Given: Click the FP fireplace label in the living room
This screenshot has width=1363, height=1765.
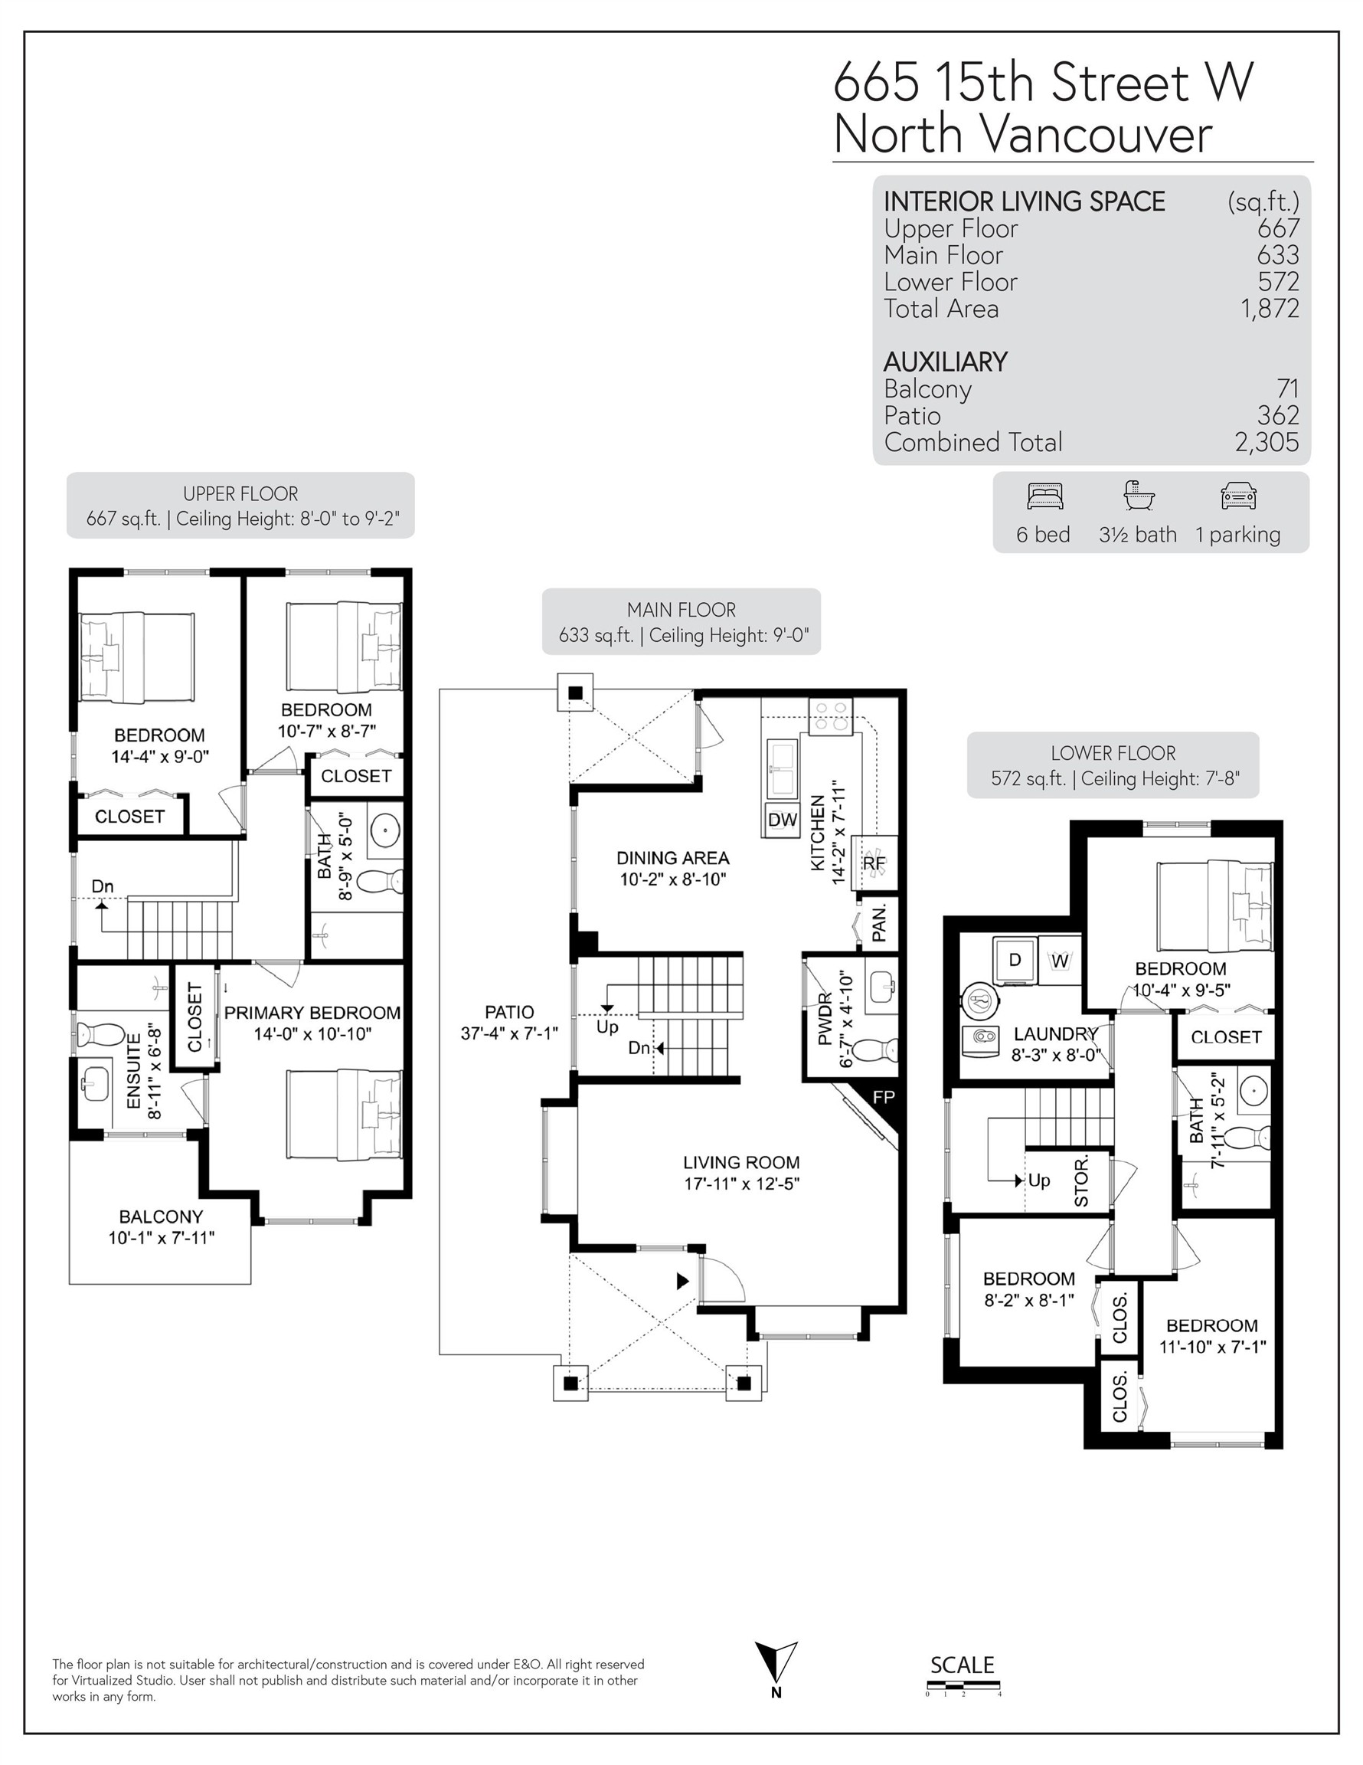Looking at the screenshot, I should click(884, 1098).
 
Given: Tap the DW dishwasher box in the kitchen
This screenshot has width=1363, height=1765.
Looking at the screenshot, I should click(782, 820).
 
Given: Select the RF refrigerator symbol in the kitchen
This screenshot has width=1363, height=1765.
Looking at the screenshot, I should click(874, 863).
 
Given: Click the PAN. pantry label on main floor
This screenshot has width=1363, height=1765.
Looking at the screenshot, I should click(880, 923).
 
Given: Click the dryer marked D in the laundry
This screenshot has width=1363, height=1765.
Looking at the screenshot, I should click(1015, 959).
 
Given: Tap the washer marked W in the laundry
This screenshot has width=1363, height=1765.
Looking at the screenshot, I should click(1060, 961).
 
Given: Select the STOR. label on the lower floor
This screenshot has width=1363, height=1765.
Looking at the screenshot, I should click(1081, 1180).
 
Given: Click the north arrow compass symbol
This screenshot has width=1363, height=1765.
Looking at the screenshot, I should click(776, 1662).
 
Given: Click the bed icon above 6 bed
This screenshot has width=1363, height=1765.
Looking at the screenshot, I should click(1044, 496).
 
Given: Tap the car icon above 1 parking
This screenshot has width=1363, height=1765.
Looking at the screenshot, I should click(1239, 496).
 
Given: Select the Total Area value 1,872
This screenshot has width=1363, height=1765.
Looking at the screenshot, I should click(1270, 309).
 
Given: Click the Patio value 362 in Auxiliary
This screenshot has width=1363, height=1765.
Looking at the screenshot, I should click(1277, 415).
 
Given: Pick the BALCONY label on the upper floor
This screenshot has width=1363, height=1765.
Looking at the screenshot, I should click(161, 1217).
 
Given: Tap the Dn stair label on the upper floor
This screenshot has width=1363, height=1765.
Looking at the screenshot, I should click(102, 886).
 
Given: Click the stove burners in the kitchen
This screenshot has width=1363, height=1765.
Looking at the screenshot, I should click(831, 716).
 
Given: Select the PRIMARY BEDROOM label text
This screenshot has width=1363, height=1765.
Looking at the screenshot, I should click(312, 1013).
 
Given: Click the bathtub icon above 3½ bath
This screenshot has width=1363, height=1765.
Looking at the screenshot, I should click(1139, 495).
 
